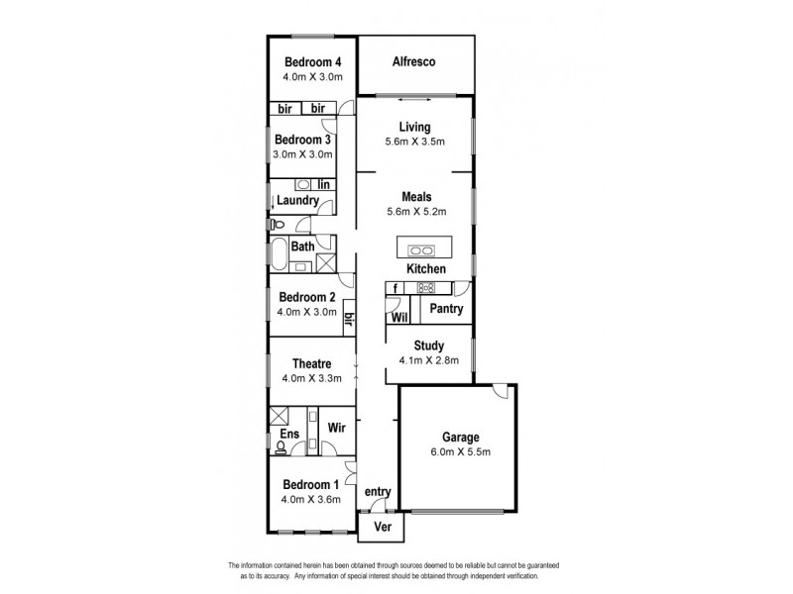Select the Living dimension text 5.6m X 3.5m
[x=414, y=142]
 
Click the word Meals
[x=415, y=196]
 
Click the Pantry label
[x=442, y=309]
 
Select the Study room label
[x=428, y=346]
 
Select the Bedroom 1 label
[x=310, y=484]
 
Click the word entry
[x=378, y=491]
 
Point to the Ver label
[x=382, y=528]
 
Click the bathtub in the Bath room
[x=278, y=255]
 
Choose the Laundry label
[x=297, y=201]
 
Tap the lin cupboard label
[x=323, y=184]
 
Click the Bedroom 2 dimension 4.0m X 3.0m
[x=307, y=312]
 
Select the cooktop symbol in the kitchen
[x=427, y=288]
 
